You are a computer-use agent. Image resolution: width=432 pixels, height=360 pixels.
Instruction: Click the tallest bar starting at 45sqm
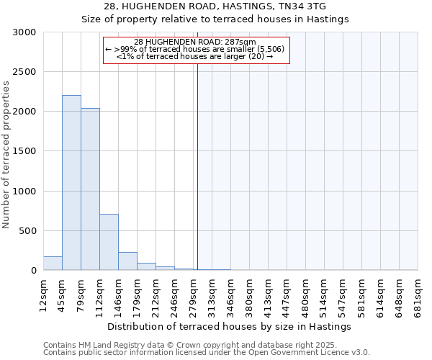[x=71, y=183]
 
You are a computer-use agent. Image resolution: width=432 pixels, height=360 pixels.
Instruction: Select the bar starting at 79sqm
[x=90, y=189]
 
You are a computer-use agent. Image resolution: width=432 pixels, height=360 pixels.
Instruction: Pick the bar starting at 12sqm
[x=53, y=264]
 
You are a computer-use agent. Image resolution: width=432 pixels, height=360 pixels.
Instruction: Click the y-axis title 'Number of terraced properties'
[x=7, y=155]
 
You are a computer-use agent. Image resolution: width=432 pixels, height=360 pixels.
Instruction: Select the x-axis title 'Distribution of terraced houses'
[x=230, y=326]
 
